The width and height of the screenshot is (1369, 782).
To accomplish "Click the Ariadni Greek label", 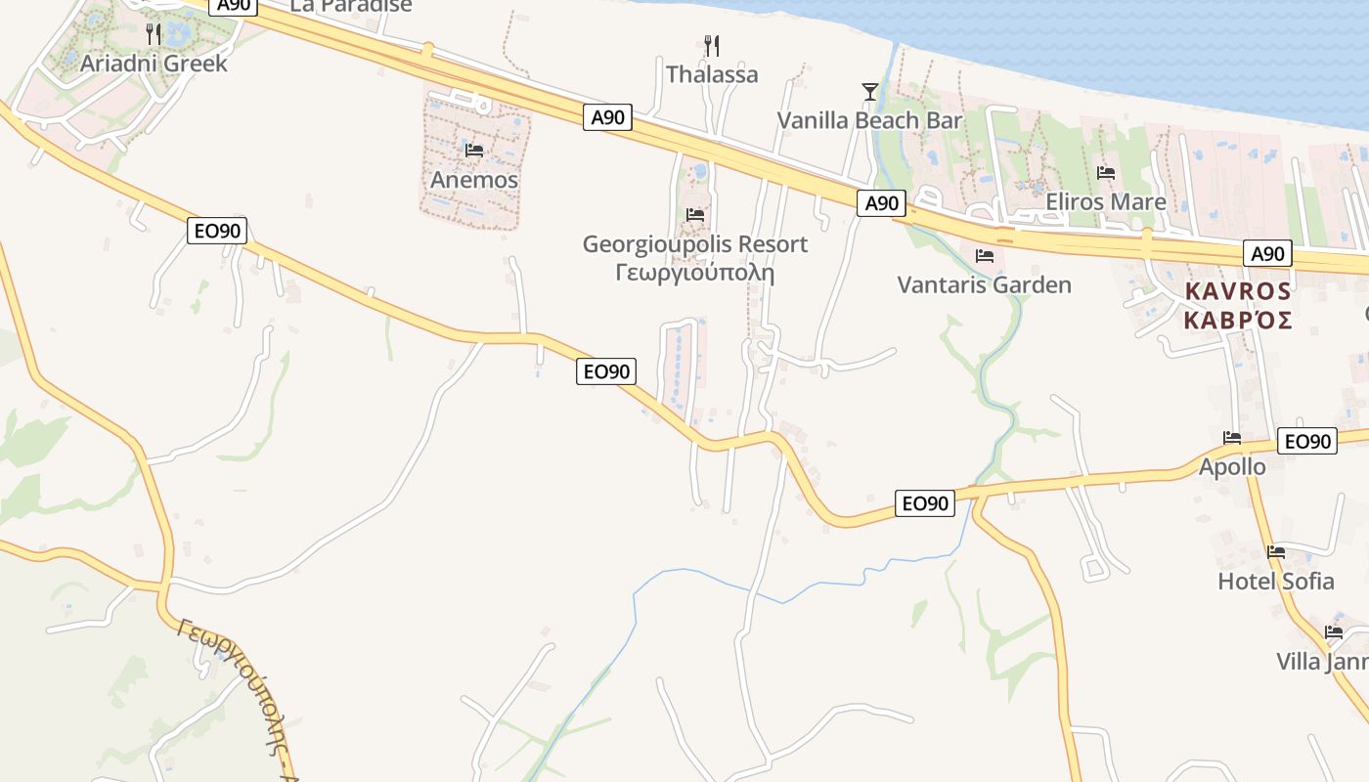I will tap(154, 64).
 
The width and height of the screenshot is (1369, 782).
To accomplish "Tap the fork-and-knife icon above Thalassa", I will tap(712, 45).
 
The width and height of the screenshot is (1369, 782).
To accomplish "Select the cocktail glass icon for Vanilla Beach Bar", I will tap(870, 92).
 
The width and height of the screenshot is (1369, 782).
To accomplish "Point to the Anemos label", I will tap(474, 180).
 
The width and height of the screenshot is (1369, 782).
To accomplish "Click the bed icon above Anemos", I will tap(474, 151).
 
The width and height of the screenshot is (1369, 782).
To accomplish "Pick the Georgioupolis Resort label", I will tap(695, 243).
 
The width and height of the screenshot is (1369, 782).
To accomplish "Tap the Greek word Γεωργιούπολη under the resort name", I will tap(695, 272).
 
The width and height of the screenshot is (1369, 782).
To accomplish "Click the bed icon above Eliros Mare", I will tap(1106, 173).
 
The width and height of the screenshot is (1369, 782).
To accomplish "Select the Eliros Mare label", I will tap(1106, 201).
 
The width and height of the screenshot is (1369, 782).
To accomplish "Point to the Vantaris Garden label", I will tap(985, 284).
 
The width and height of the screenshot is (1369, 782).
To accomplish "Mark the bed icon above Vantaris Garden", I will tap(985, 256).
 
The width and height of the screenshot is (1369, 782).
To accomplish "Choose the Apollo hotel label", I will tap(1232, 466).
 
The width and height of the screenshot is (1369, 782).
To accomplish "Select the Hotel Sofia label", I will tap(1275, 581).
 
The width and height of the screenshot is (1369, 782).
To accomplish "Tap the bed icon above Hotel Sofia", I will tap(1275, 552).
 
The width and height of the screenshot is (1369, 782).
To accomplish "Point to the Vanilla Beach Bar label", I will tap(870, 120).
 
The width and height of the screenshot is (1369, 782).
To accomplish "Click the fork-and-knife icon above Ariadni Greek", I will tap(154, 34).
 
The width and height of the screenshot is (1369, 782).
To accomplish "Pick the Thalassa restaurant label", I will tap(712, 74).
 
